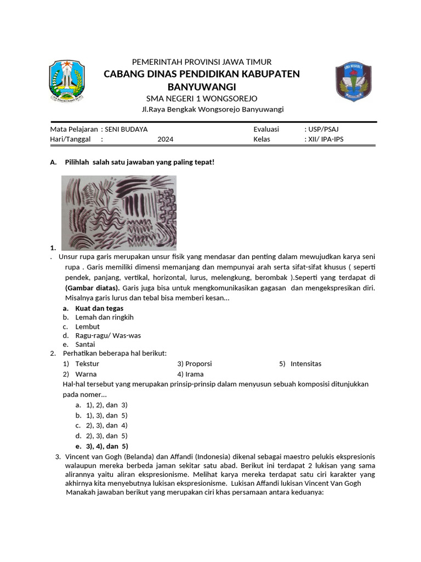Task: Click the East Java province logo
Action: (67, 81)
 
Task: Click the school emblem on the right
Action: (353, 82)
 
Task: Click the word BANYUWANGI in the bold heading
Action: (201, 87)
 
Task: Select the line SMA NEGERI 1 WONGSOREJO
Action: (201, 98)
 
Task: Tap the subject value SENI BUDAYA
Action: (126, 129)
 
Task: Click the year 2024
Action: (165, 139)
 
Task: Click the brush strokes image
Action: (118, 212)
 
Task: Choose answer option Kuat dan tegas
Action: (99, 308)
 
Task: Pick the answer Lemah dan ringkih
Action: (104, 317)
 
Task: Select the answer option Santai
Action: (85, 344)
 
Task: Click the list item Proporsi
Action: (198, 363)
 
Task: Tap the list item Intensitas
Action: (306, 363)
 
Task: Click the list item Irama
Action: (194, 374)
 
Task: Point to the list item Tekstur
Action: (87, 363)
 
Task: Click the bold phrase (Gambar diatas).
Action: (92, 288)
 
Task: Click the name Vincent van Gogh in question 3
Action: (94, 457)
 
